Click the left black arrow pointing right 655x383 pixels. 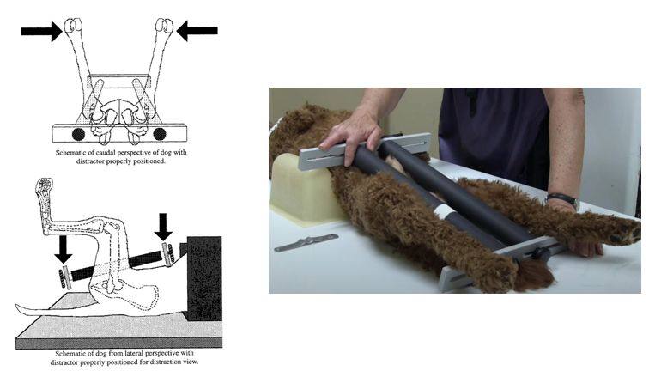click(41, 31)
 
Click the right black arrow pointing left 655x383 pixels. click(197, 31)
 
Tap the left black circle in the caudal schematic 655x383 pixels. click(78, 134)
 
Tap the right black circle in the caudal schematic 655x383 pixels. click(160, 134)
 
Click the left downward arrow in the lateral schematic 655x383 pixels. click(63, 249)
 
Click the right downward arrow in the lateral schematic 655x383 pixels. click(163, 227)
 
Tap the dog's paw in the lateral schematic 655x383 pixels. click(45, 185)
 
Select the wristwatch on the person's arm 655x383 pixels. click(564, 199)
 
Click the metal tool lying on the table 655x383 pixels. click(306, 243)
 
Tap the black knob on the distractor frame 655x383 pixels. click(543, 253)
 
